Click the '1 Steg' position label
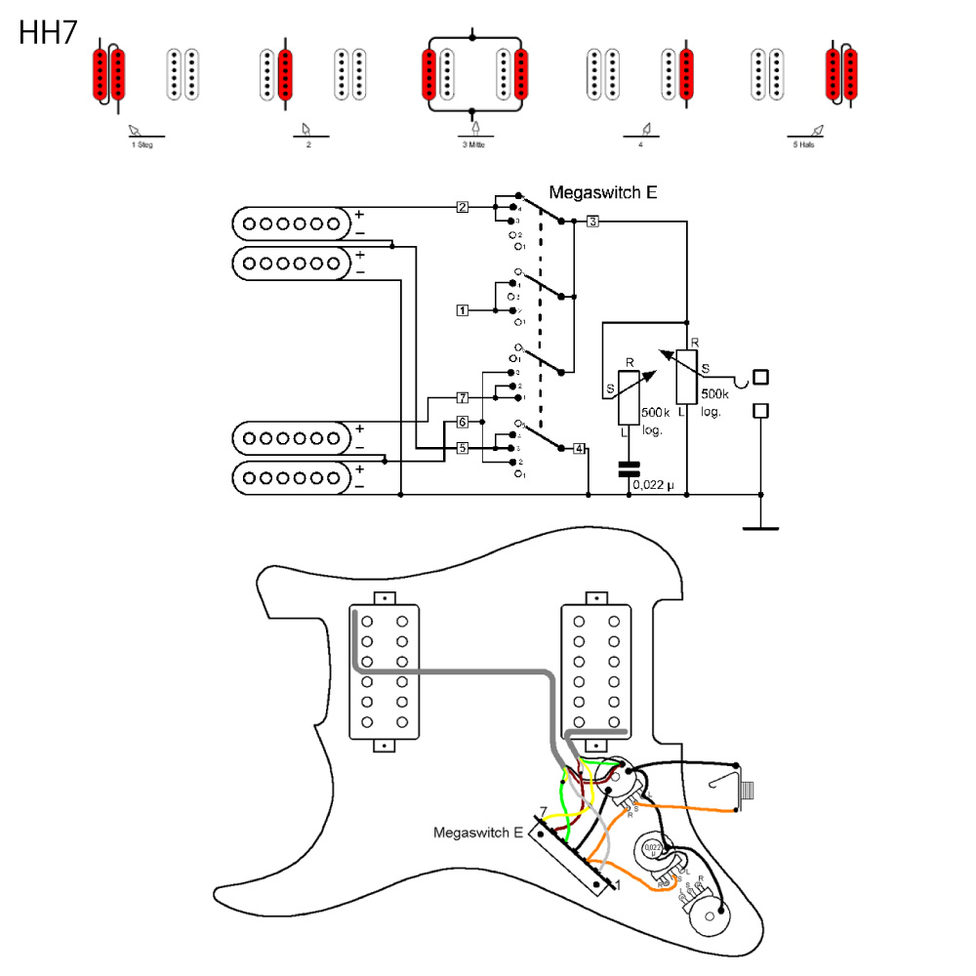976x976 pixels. point(142,144)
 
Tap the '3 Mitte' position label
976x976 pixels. point(475,144)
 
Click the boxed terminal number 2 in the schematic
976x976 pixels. point(463,207)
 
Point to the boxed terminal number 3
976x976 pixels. point(593,223)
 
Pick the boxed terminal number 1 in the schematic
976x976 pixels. point(463,310)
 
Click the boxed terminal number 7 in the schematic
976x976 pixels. point(463,398)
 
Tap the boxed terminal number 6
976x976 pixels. point(463,423)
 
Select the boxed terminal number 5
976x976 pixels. point(463,448)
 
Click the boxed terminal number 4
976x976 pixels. point(580,449)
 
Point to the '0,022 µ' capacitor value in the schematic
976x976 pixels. point(653,484)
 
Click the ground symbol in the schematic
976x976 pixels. point(760,528)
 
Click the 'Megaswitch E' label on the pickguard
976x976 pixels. point(478,833)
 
